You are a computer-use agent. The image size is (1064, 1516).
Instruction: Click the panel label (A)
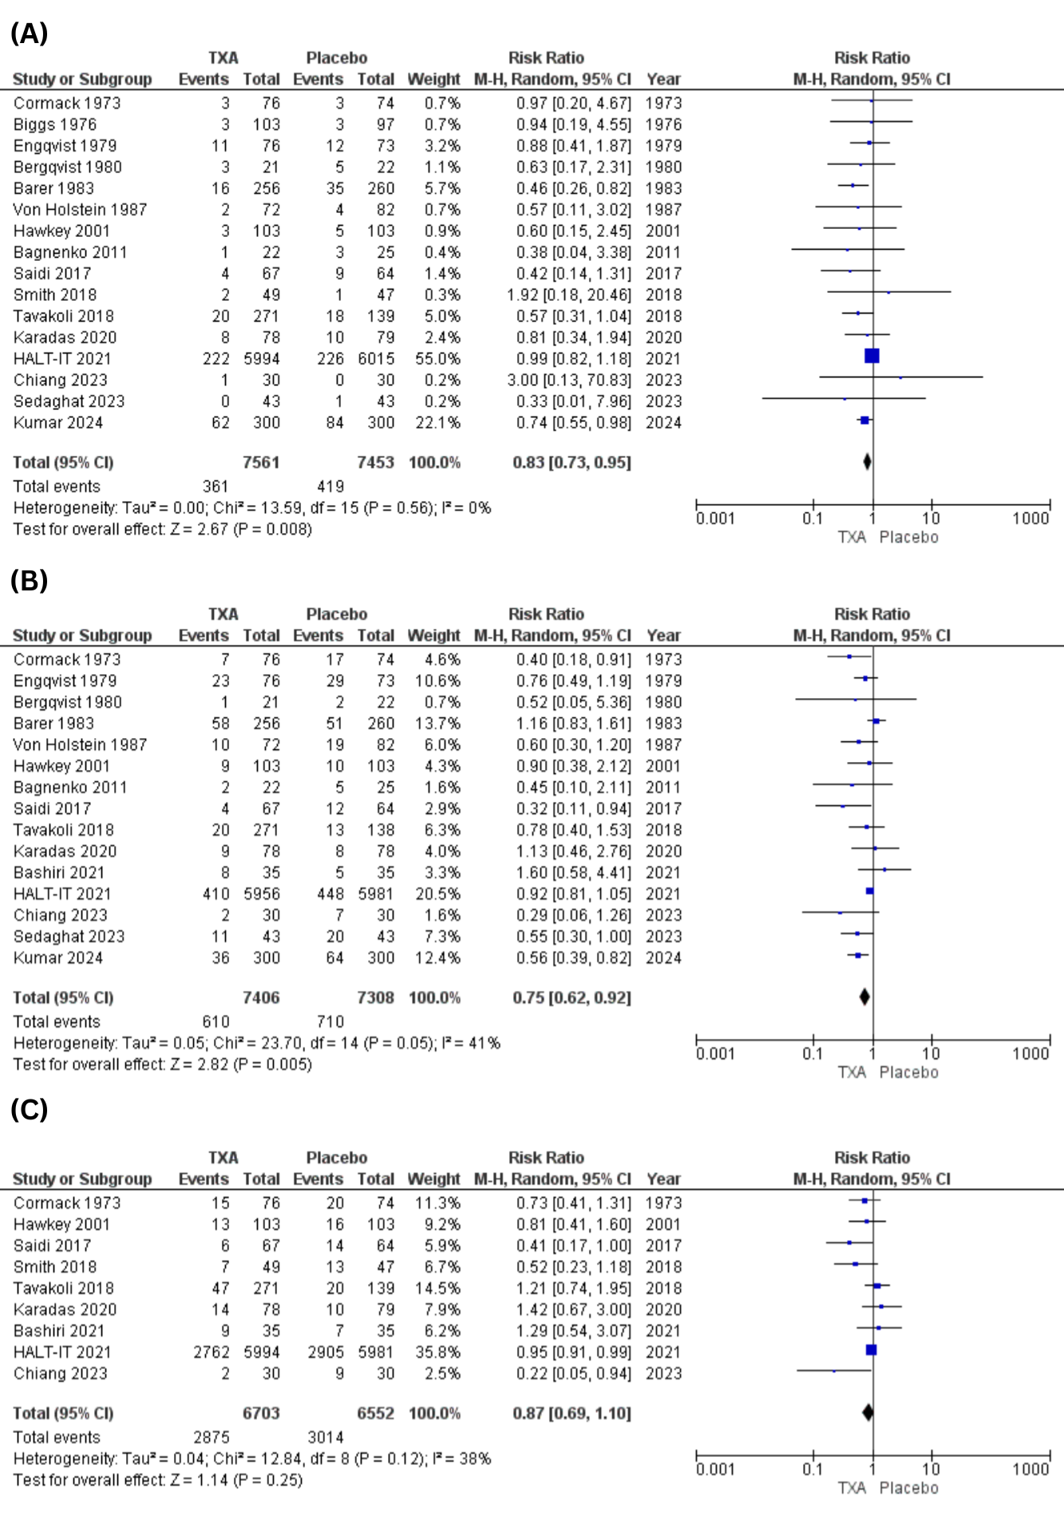(x=29, y=34)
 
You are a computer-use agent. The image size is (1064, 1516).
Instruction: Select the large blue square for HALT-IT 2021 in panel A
(x=872, y=356)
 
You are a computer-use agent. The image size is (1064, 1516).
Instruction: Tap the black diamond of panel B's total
(x=864, y=997)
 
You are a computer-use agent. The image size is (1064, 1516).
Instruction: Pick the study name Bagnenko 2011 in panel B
(x=70, y=787)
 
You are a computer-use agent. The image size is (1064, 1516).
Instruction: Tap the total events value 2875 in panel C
(x=211, y=1437)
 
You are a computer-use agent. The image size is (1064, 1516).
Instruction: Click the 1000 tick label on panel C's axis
(x=1030, y=1469)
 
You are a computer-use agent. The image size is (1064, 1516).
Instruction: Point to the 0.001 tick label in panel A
(x=715, y=519)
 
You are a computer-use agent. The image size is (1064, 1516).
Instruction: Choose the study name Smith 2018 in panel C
(x=55, y=1267)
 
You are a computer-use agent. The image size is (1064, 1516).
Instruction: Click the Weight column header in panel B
(x=433, y=635)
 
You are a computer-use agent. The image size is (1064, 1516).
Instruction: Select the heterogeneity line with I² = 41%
(x=257, y=1043)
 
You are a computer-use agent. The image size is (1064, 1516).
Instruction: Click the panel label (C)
(x=29, y=1109)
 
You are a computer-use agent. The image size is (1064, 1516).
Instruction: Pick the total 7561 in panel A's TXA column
(x=261, y=462)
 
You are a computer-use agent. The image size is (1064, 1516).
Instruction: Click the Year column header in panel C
(x=663, y=1178)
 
